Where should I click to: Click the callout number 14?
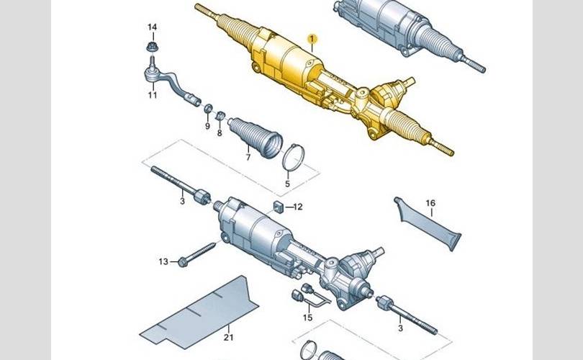pos(152,27)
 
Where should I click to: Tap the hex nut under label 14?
pos(151,48)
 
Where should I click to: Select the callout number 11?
pos(153,95)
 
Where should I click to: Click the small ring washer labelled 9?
pos(208,108)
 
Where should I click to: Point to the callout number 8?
pos(220,132)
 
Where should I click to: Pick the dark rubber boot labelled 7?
pos(256,138)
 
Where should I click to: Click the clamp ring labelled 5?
pos(294,157)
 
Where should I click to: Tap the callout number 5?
pos(287,184)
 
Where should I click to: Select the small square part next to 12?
pos(279,206)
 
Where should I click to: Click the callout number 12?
pos(298,207)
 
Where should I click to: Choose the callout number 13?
pos(163,262)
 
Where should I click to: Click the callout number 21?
pos(228,337)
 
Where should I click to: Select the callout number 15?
pos(307,318)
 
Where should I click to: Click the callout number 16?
pos(430,203)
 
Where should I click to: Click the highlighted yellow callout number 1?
pos(312,38)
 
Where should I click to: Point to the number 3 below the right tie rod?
pos(400,328)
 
